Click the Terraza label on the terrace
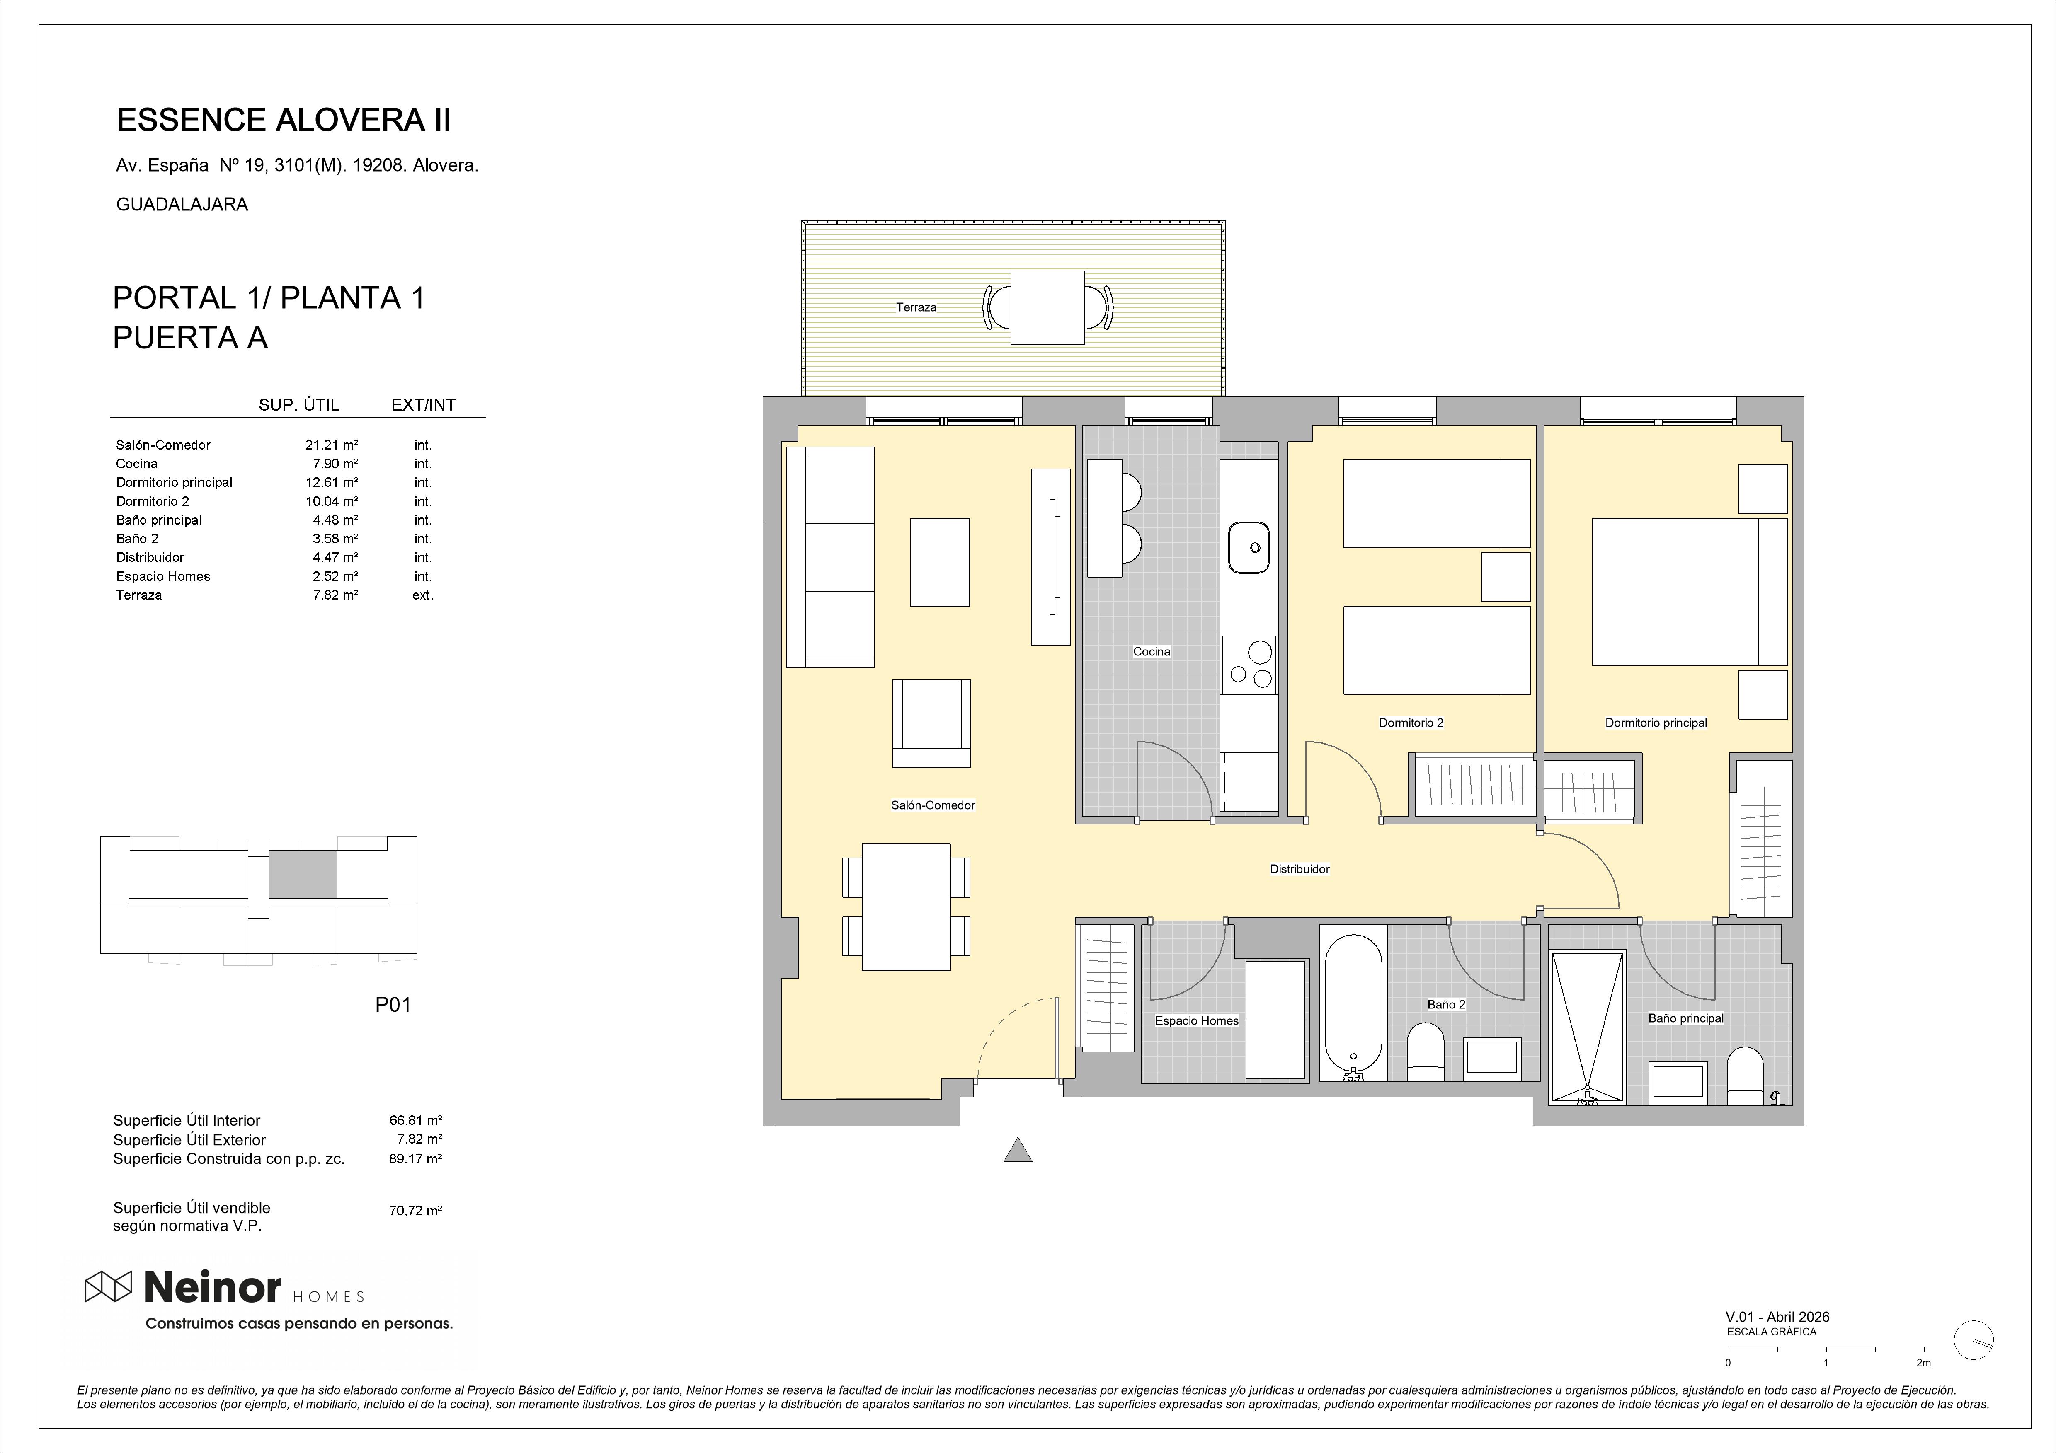point(916,307)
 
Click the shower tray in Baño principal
point(1587,1027)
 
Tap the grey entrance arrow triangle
point(1017,1149)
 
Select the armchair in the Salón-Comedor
point(931,723)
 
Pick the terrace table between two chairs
point(1048,307)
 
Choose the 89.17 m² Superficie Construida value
point(415,1158)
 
